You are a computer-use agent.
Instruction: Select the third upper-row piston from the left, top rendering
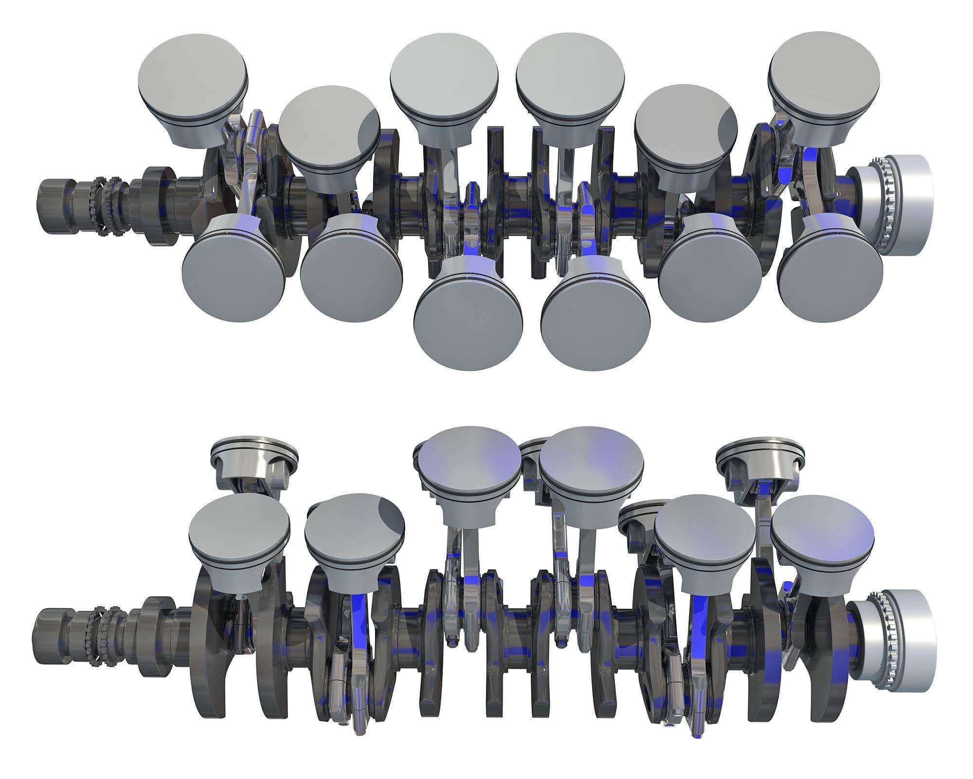pos(444,78)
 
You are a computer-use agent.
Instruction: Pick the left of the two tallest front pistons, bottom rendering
pos(469,460)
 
